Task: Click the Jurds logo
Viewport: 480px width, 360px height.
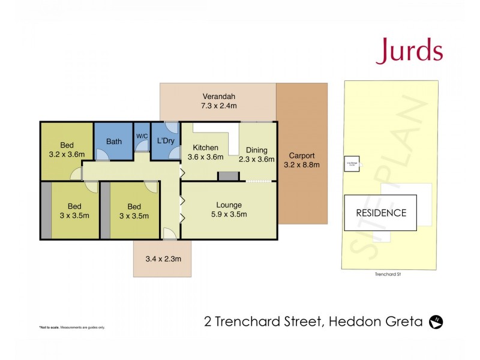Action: point(409,52)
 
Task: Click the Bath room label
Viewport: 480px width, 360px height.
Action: point(114,142)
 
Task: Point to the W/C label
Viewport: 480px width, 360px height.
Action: point(142,136)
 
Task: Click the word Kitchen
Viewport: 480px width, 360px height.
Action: point(205,148)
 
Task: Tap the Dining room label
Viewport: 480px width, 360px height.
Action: point(256,150)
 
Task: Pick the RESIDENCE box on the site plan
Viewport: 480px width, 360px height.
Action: point(380,212)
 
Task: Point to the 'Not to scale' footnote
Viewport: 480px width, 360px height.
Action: point(72,327)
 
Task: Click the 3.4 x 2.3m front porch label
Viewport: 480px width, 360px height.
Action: point(163,259)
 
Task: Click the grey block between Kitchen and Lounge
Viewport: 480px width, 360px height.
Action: point(227,176)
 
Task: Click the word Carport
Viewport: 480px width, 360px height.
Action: point(301,155)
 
